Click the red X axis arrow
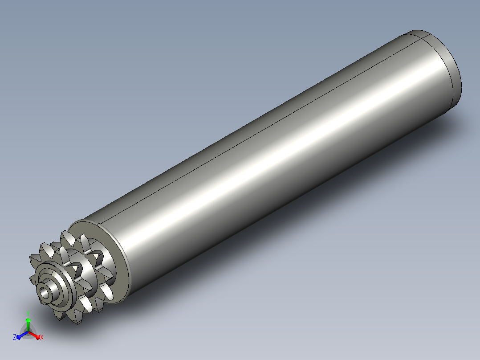click(34, 335)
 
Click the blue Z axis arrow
click(22, 335)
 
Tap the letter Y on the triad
click(28, 314)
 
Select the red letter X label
click(42, 337)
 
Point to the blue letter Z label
click(15, 337)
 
